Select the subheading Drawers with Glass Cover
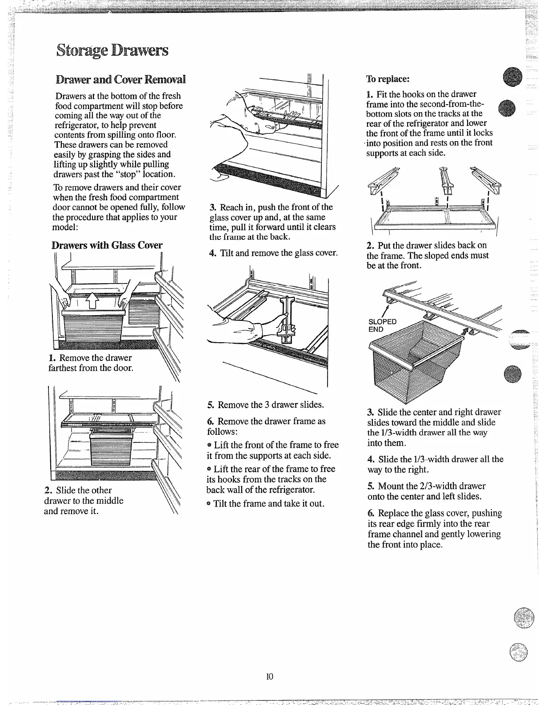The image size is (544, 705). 107,245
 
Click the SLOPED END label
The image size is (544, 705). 382,325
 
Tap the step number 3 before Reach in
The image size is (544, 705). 213,207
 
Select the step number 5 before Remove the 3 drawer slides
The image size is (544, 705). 211,405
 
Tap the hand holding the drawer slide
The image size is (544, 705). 271,323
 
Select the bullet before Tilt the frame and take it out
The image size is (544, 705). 209,504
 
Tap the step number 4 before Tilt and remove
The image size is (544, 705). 212,253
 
